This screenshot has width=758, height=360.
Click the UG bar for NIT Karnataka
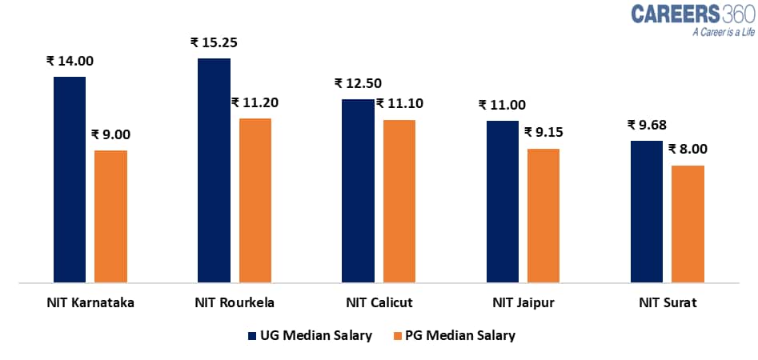tap(70, 179)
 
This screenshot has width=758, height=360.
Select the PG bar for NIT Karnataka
tap(110, 216)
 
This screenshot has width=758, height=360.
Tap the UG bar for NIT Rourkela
tap(214, 170)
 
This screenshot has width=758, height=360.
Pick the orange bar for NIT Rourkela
tap(255, 200)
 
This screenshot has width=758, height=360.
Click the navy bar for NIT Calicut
tap(358, 190)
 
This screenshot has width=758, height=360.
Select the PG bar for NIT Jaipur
tap(543, 215)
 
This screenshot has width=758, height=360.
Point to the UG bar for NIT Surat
tap(646, 211)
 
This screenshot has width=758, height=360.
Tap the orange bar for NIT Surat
tap(688, 224)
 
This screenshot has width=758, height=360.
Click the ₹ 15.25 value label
tap(212, 42)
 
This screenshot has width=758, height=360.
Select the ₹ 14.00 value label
tap(70, 61)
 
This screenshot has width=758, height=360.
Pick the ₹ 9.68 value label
tap(647, 125)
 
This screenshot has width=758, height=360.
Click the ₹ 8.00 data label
tap(687, 149)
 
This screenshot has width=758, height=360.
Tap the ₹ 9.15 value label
tap(545, 132)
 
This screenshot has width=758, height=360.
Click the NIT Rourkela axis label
tap(235, 303)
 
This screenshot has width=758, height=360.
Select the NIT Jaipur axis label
tap(523, 303)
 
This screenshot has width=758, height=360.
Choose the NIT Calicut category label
tap(379, 303)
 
